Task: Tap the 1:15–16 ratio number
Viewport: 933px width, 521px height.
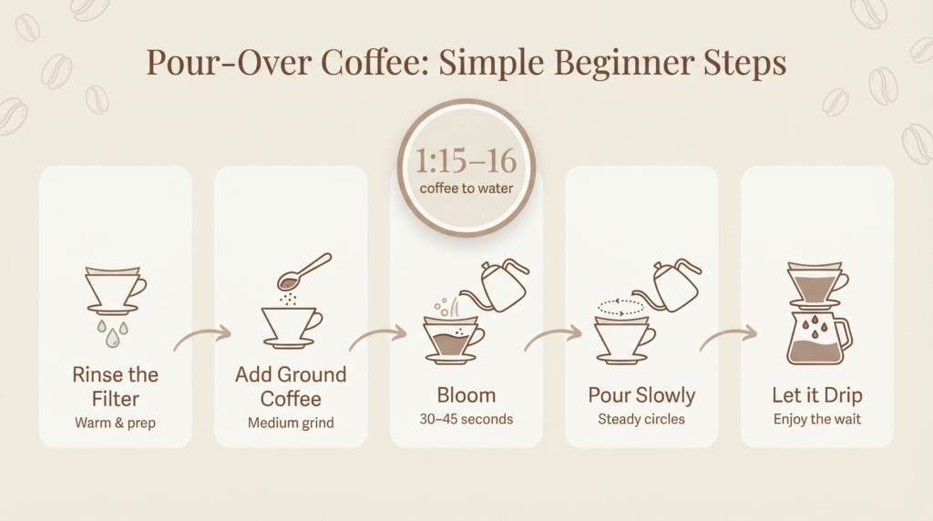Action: (x=466, y=161)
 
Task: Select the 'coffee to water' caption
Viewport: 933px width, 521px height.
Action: (x=466, y=189)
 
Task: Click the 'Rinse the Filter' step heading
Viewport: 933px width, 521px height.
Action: (x=116, y=386)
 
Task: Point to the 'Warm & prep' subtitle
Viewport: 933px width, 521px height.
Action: (x=116, y=422)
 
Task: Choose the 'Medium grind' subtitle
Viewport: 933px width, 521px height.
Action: (x=291, y=422)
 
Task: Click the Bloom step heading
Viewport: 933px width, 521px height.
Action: (x=466, y=395)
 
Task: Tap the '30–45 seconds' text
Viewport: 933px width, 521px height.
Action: (x=466, y=420)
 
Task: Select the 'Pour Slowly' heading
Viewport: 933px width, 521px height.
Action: (x=641, y=395)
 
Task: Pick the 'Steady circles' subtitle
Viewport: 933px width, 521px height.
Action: (x=641, y=420)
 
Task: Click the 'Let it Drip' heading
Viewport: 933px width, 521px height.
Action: (x=816, y=395)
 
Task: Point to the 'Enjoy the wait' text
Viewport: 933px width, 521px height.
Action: (x=816, y=420)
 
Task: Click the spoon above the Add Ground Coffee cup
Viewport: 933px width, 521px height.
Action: (x=306, y=271)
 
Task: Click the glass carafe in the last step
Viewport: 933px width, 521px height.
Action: (x=817, y=339)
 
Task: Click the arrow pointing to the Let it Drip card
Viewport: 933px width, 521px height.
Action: (x=729, y=338)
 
